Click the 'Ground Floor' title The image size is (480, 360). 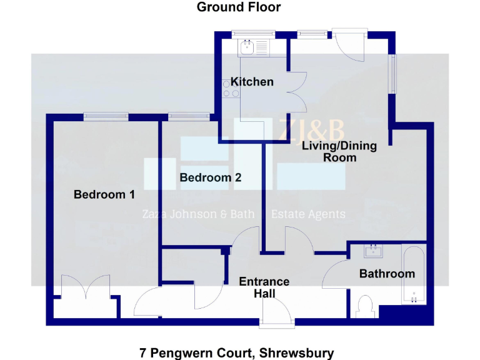239,7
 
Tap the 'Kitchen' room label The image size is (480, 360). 252,82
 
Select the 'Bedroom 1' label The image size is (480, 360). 104,194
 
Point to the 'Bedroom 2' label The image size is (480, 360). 210,177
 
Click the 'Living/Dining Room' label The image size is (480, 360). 339,151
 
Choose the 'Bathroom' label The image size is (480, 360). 386,274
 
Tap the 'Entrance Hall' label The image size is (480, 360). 264,287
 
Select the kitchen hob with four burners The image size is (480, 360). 231,89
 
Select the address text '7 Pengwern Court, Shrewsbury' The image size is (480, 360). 236,353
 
